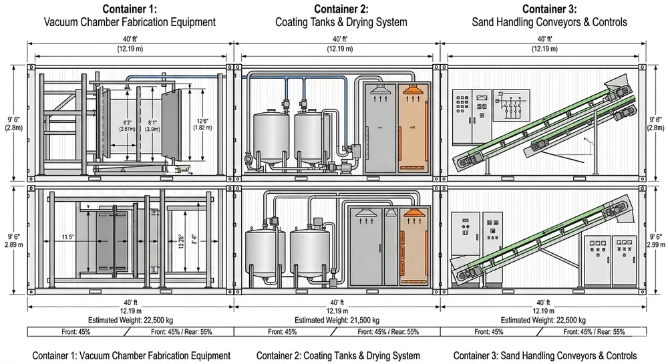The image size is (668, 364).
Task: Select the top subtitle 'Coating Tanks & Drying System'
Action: (341, 22)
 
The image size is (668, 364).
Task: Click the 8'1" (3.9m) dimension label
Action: (153, 126)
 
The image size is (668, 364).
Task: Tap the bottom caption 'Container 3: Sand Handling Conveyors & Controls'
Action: (544, 355)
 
